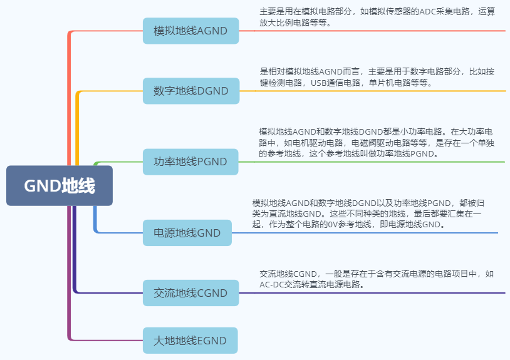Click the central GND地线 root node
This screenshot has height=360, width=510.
(x=60, y=185)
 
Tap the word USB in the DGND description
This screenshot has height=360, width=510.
(x=319, y=82)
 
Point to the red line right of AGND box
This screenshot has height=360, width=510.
(x=376, y=31)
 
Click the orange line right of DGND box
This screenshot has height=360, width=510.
(x=376, y=91)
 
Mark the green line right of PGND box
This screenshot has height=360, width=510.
(x=376, y=162)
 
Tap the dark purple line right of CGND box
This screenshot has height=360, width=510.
(x=376, y=292)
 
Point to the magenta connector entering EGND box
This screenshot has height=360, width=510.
(x=107, y=340)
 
